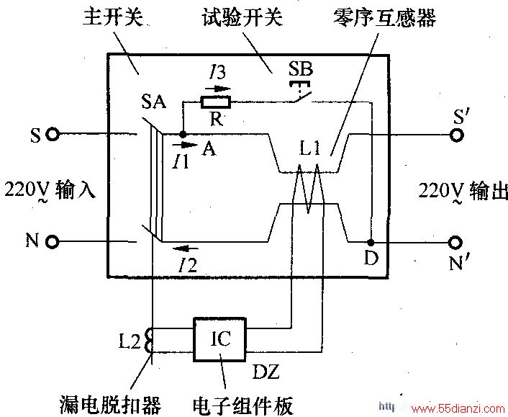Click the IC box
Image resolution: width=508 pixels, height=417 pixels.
tap(219, 339)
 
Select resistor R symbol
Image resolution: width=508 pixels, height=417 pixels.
tap(216, 102)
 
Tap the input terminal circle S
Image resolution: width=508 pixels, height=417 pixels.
tap(52, 134)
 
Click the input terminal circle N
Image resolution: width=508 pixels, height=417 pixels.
tap(52, 242)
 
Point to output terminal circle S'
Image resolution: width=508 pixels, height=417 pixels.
tap(456, 135)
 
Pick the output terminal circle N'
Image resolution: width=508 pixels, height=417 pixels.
tap(455, 242)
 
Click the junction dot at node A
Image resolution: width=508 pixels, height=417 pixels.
tap(183, 133)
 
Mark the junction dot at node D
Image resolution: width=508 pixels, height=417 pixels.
tap(371, 242)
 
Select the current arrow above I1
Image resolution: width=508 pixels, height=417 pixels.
tap(185, 145)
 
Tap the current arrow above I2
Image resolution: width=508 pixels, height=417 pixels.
tap(185, 248)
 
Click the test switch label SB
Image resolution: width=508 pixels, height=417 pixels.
tap(301, 68)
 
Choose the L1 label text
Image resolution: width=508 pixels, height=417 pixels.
tap(310, 148)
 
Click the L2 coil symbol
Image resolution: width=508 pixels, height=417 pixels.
tap(149, 341)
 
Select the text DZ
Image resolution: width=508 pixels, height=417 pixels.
tap(266, 372)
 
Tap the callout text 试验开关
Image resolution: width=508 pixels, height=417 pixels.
tap(242, 17)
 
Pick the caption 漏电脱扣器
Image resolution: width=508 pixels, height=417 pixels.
tap(111, 404)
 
